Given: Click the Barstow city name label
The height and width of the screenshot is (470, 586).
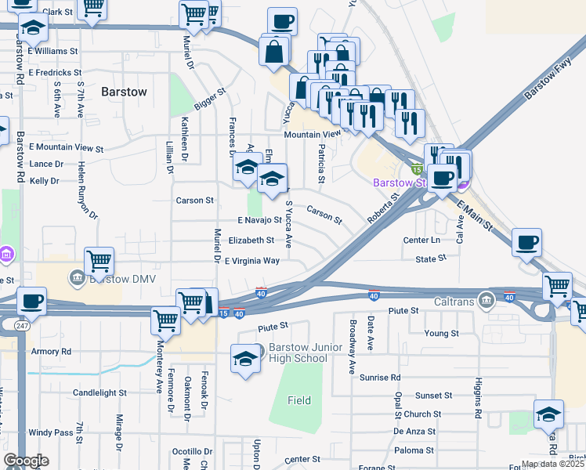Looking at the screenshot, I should coord(124,92).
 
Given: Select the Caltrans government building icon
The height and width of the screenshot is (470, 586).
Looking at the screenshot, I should coord(487,299).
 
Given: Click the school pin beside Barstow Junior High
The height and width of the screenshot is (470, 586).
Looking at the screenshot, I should coord(245,359).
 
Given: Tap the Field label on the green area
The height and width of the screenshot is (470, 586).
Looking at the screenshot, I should coord(298,400).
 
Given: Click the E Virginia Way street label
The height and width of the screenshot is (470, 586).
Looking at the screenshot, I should coord(252,261).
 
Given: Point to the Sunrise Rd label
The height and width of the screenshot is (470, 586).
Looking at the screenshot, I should coord(380,378).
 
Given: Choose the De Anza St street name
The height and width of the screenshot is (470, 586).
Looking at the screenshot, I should coord(414,431).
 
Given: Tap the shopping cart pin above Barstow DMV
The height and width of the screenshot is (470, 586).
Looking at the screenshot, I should coord(99,260).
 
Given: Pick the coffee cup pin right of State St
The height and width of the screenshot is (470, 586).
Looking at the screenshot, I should coord(526,242).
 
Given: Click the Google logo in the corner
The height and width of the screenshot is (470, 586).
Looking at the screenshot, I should coord(25,461).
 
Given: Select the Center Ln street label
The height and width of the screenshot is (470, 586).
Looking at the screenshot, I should coord(421,240).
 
